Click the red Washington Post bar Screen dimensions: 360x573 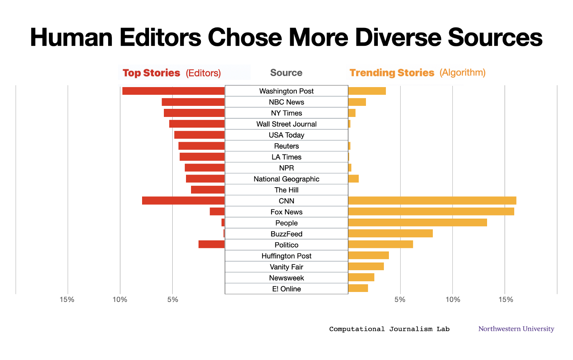click(173, 91)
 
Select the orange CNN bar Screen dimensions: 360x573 click(432, 201)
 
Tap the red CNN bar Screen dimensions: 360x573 click(183, 201)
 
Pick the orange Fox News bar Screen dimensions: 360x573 click(431, 212)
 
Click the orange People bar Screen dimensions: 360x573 click(418, 222)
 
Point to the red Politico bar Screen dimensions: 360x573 click(212, 245)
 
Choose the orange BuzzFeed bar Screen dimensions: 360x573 click(390, 234)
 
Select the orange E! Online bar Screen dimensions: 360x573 click(358, 289)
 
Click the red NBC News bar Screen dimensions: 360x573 click(193, 102)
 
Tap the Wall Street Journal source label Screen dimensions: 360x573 click(286, 124)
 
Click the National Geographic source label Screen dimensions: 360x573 click(286, 179)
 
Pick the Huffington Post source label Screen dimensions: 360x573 click(286, 256)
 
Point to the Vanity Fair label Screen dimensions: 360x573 click(286, 267)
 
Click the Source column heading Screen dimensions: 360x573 click(286, 73)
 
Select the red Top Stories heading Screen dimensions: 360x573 click(151, 73)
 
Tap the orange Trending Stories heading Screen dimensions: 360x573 click(392, 73)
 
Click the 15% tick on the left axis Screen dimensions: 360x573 click(67, 300)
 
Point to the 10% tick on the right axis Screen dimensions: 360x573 click(453, 300)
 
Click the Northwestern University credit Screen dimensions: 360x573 click(516, 329)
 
